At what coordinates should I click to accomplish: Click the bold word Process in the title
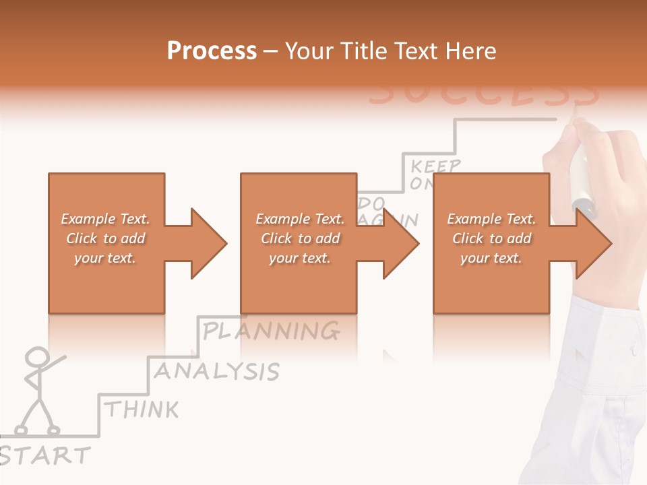coord(212,51)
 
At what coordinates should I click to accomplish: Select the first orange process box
coord(106,283)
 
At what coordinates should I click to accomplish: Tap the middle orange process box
coord(299,283)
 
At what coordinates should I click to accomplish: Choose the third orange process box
coord(491,283)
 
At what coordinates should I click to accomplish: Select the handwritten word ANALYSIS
coord(216,370)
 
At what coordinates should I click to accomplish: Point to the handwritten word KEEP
coord(436,166)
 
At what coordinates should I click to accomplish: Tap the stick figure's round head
coord(38,357)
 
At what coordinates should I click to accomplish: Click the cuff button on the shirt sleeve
coord(634,350)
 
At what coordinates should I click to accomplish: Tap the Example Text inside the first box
coord(105,219)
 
